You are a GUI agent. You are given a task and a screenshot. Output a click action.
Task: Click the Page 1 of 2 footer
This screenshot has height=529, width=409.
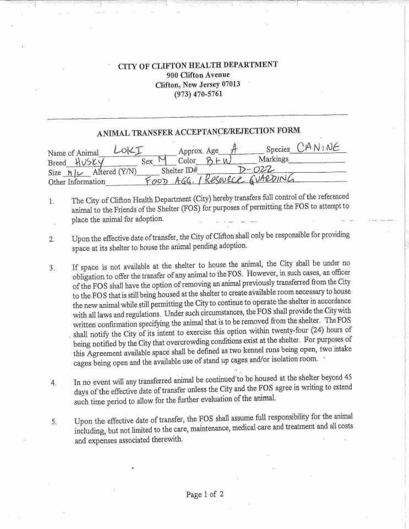click(x=205, y=494)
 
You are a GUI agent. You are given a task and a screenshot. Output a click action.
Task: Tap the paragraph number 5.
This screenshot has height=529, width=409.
click(x=53, y=421)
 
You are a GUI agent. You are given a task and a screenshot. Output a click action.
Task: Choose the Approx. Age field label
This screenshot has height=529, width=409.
click(x=198, y=151)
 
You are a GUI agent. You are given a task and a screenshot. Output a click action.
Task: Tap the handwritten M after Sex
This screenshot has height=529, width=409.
click(x=161, y=161)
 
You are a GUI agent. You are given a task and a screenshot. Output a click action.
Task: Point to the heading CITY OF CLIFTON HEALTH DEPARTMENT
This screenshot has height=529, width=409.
click(x=198, y=65)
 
